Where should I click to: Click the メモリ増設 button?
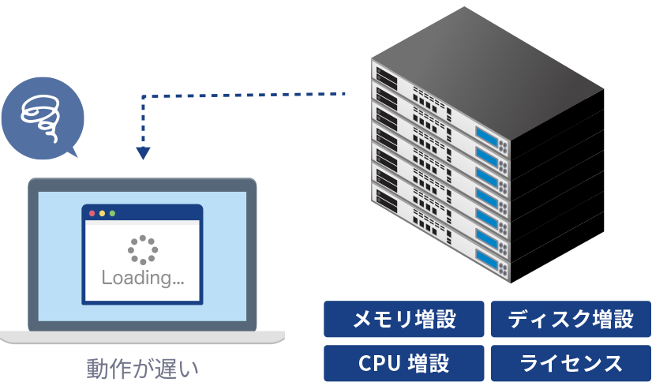404,319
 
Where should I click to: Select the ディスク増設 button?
571,319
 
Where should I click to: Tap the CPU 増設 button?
404,363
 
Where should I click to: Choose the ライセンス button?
571,363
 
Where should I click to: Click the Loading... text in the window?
143,278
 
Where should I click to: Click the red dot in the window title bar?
92,213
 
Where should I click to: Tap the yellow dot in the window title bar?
102,213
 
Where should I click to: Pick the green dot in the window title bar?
112,213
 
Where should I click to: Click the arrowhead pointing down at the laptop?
143,153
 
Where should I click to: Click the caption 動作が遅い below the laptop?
142,369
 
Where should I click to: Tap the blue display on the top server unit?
486,137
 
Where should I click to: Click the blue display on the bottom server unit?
486,260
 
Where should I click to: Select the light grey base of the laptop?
142,337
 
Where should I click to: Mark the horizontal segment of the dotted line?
244,95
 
